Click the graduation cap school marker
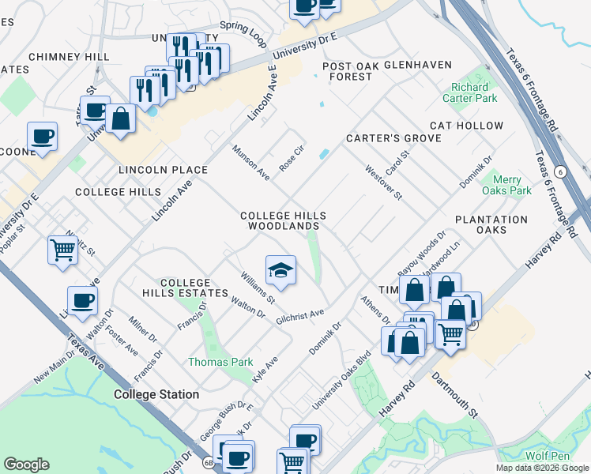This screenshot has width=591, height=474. pyautogui.click(x=280, y=271)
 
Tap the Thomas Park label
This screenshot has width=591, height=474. pyautogui.click(x=220, y=362)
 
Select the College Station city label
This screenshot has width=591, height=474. pyautogui.click(x=156, y=394)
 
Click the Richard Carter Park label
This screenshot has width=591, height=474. pyautogui.click(x=474, y=92)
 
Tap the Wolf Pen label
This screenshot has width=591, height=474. pyautogui.click(x=548, y=456)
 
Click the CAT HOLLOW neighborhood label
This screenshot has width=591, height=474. pyautogui.click(x=466, y=126)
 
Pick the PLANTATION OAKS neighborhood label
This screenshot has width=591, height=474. pyautogui.click(x=491, y=225)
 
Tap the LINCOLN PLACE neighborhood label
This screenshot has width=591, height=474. pyautogui.click(x=163, y=170)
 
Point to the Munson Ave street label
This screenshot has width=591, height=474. pyautogui.click(x=250, y=163)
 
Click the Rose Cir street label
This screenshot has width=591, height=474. pyautogui.click(x=292, y=159)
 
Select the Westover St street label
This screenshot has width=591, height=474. pyautogui.click(x=384, y=182)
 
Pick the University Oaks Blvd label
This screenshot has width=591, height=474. pyautogui.click(x=341, y=380)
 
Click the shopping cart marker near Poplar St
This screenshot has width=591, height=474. pyautogui.click(x=62, y=251)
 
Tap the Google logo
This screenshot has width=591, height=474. pyautogui.click(x=26, y=465)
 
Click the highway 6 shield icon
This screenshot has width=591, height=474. pyautogui.click(x=560, y=171)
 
